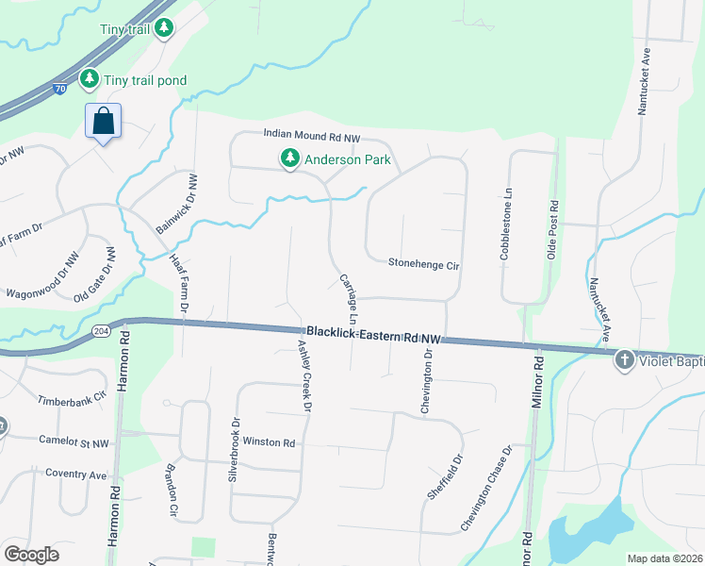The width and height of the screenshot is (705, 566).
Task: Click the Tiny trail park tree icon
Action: coord(165,28)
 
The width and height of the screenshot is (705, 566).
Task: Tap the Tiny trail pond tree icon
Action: coord(90,80)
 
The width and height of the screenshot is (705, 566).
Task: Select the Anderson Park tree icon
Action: coord(289,159)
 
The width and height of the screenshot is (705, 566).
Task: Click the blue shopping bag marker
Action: coord(103,122)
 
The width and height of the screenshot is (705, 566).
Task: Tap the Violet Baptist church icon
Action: coord(624,359)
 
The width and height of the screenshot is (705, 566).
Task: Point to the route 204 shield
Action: coord(102,331)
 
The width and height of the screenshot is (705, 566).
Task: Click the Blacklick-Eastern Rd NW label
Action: coord(373,334)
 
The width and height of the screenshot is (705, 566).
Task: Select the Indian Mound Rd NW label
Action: coord(312,138)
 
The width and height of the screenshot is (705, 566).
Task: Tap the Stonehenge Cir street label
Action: coord(423,265)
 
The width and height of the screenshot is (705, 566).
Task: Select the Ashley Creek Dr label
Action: coord(303,376)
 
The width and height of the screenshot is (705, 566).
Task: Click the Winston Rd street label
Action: coord(270,442)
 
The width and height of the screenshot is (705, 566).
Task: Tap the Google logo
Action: coord(32,555)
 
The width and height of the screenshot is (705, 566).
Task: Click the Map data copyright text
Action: coord(664,558)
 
